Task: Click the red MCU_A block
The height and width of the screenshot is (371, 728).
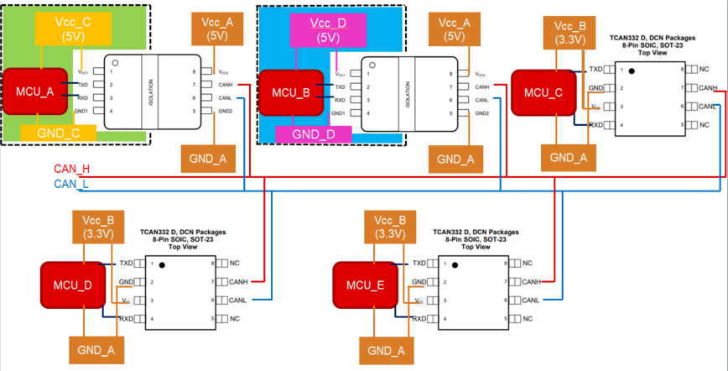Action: coord(34,92)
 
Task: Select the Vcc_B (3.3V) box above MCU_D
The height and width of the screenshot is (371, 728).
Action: coord(101,226)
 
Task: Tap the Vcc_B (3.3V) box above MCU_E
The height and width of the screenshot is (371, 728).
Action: coord(393,226)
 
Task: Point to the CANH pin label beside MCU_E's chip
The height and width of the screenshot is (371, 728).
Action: coord(529,282)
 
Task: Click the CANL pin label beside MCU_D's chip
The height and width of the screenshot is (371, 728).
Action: coord(237,300)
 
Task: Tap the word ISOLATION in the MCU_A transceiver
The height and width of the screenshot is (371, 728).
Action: coord(151,92)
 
